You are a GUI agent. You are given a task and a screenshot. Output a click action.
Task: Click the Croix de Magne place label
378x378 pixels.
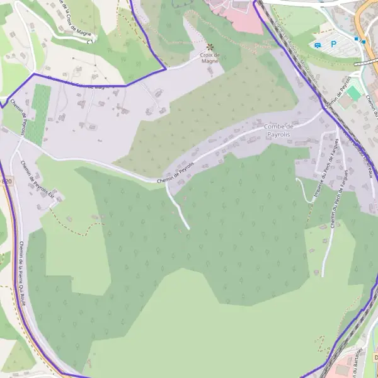(x=210, y=58)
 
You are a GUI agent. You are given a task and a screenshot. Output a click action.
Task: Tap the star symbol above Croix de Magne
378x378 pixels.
(x=210, y=47)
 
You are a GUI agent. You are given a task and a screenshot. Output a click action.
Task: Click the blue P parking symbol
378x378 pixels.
(x=334, y=44)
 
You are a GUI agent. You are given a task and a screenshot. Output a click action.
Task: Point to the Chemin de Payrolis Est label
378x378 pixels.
(x=38, y=182)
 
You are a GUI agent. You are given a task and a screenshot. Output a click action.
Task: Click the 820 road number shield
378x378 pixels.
(x=6, y=182)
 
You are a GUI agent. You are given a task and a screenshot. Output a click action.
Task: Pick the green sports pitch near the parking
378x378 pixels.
(x=353, y=93)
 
